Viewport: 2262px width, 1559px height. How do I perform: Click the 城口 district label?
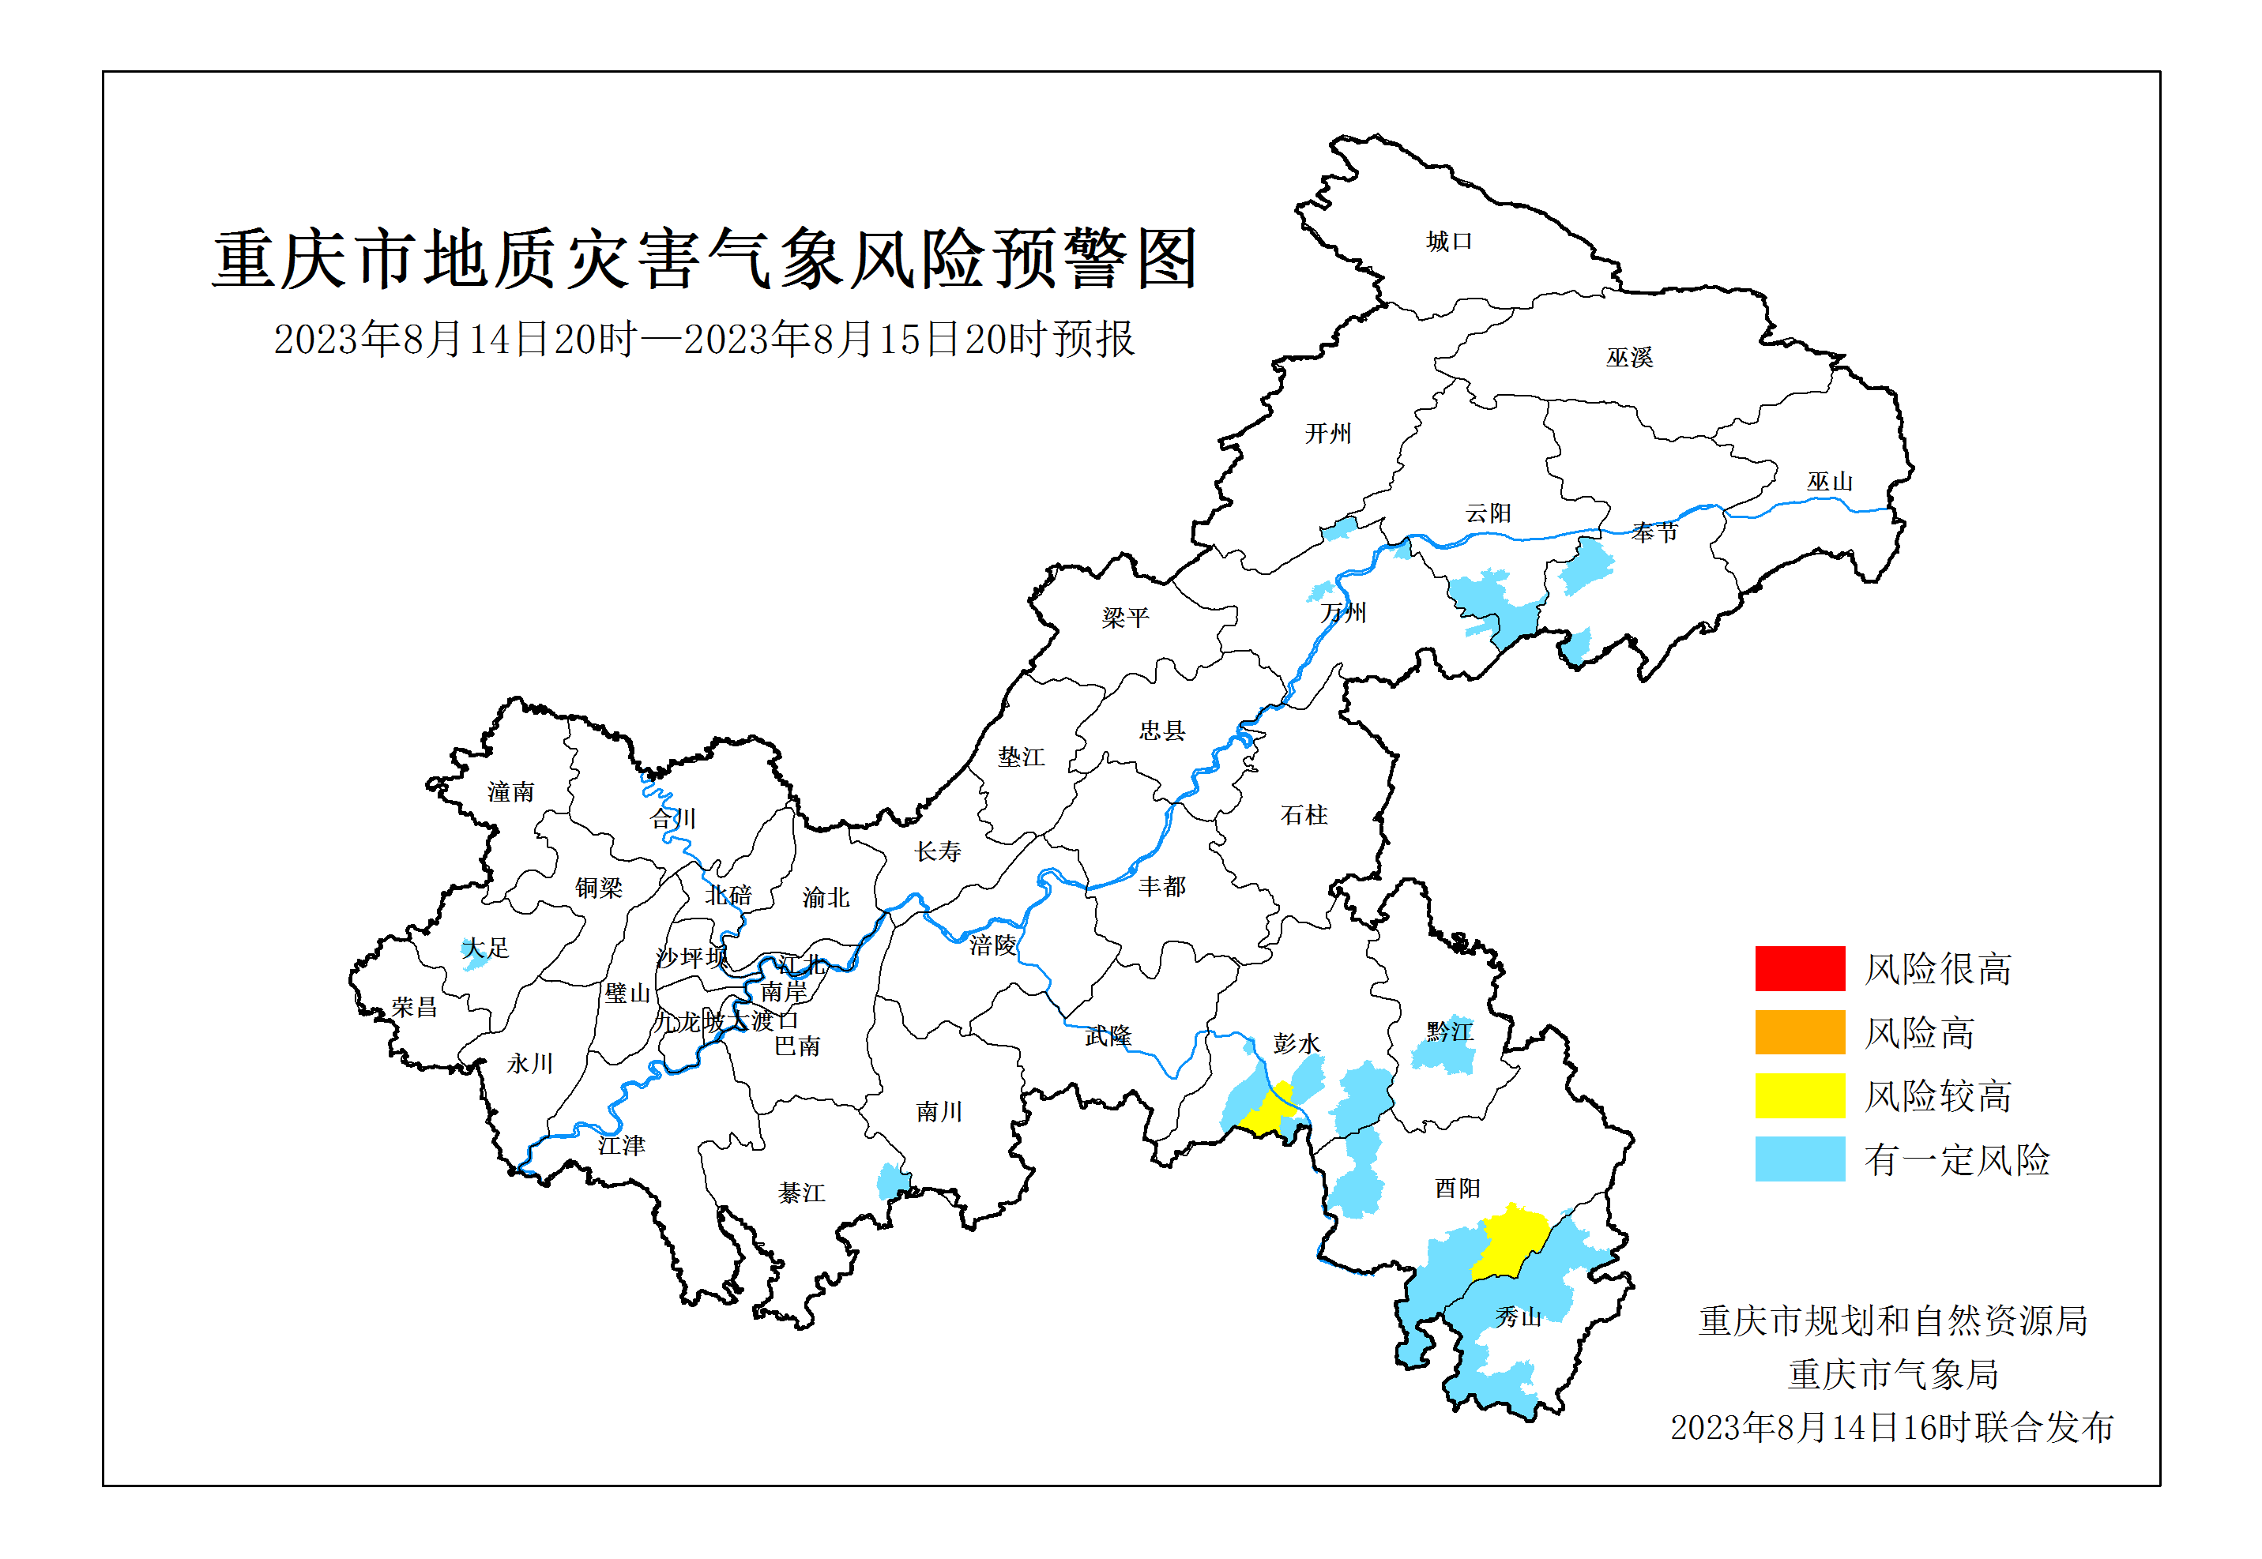(x=1448, y=242)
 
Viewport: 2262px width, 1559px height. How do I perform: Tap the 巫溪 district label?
(x=1629, y=358)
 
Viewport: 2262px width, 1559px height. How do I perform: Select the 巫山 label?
(x=1829, y=482)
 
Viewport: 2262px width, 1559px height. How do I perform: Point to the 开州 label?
(x=1328, y=433)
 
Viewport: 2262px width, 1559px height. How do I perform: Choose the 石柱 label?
(x=1304, y=815)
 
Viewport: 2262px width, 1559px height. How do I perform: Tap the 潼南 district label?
(x=511, y=791)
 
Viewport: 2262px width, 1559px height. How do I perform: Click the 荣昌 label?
(x=414, y=1006)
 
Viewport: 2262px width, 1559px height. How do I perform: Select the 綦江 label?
(x=801, y=1193)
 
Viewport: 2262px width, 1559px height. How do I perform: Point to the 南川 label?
(x=939, y=1112)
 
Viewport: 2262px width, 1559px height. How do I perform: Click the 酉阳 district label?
(x=1457, y=1188)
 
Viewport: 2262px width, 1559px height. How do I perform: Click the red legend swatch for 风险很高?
(x=1799, y=968)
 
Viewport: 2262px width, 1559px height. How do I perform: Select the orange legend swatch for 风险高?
(x=1799, y=1031)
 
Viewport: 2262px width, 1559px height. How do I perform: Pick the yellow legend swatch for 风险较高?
(x=1799, y=1095)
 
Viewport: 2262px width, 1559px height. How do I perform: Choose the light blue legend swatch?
(x=1799, y=1159)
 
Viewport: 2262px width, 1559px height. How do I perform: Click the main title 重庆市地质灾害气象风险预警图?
(x=705, y=260)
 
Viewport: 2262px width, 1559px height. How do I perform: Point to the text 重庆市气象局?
(x=1893, y=1374)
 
